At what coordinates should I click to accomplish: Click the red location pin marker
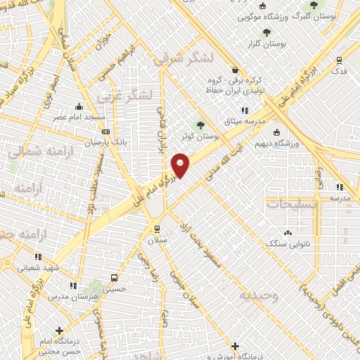181,165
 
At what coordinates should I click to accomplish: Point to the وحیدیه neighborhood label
259,296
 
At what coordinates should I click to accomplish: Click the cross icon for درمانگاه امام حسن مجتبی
60,330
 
